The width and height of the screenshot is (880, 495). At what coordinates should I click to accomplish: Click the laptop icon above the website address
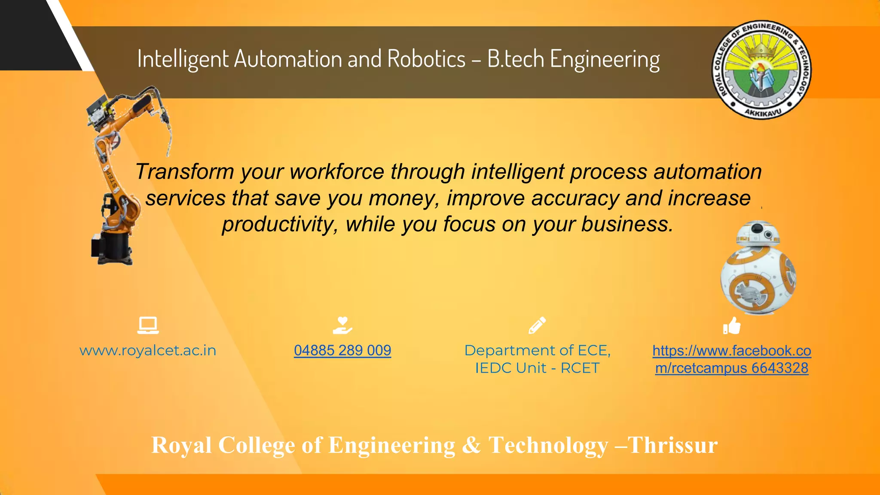148,325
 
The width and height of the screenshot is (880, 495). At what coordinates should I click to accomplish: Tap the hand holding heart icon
342,325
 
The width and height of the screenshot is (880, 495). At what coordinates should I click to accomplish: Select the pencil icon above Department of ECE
537,325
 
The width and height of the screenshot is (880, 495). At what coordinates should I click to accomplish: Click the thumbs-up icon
732,326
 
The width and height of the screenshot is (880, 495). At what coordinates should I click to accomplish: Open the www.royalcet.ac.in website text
148,351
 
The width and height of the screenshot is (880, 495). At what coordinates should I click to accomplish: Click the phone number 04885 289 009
342,351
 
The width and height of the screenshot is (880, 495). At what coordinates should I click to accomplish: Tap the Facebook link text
731,359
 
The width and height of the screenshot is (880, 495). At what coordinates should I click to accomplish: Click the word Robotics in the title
426,59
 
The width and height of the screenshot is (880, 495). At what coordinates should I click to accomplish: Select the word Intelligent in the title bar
183,59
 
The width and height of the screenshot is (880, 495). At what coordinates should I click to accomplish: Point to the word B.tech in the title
516,59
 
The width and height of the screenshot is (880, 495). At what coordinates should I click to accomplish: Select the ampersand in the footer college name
471,445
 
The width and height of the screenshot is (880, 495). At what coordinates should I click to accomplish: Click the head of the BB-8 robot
757,234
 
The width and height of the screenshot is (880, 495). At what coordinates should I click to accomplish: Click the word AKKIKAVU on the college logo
762,112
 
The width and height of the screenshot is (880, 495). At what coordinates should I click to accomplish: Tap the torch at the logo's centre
761,75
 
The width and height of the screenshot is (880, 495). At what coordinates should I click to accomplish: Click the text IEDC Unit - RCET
537,368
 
